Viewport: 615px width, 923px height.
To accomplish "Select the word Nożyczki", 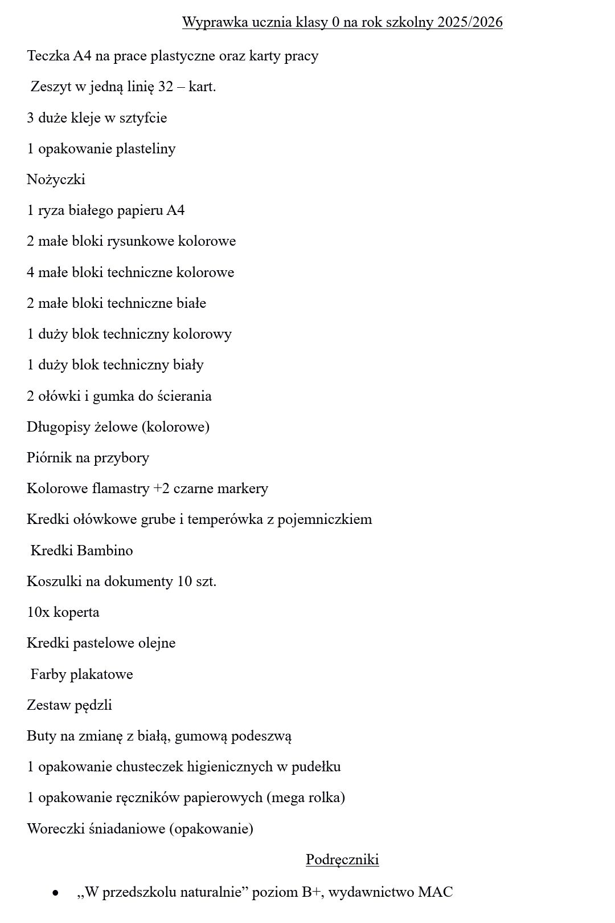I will point(56,180).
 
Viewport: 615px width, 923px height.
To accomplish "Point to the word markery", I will point(244,489).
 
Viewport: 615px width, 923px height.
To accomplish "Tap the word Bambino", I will point(105,551).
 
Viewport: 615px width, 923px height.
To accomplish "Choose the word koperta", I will point(76,612).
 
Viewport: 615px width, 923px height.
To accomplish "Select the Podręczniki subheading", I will point(342,860).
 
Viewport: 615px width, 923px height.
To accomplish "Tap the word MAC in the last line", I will point(435,892).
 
